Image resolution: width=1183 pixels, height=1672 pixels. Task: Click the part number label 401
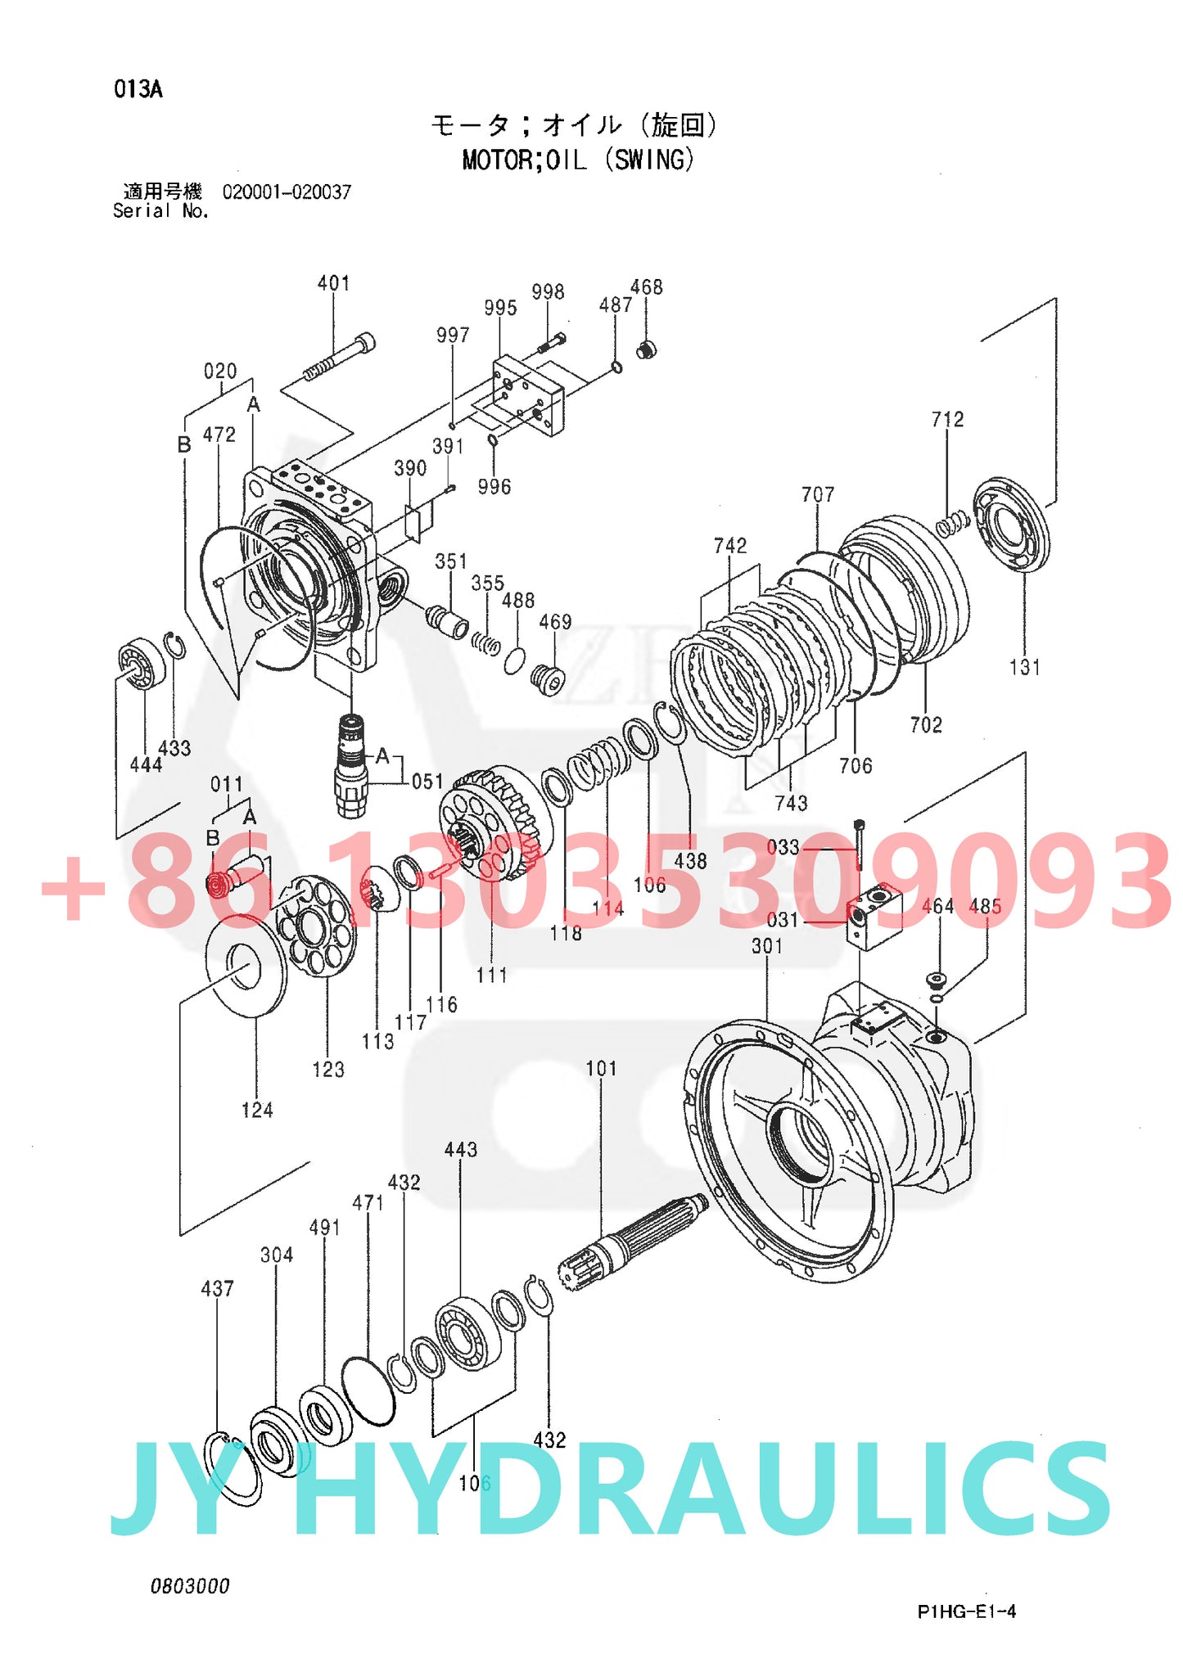333,283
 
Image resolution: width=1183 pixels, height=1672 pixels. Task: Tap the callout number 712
947,420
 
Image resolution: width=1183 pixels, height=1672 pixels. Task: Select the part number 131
1024,668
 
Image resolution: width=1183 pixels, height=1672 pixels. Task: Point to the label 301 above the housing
767,946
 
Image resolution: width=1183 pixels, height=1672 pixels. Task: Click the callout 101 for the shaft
601,1069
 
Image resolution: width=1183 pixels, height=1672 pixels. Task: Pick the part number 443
460,1150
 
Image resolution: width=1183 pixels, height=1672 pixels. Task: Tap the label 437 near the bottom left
217,1289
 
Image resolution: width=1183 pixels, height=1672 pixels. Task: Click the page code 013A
138,89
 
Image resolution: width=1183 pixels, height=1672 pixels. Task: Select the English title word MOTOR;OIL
524,160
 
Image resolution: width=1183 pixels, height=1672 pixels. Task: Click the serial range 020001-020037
287,192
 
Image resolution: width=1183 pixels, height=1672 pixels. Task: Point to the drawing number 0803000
190,1586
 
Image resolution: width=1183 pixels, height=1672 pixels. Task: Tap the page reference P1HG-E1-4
966,1611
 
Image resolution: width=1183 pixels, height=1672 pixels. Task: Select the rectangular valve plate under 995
529,394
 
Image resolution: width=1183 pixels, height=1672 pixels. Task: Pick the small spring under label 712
952,523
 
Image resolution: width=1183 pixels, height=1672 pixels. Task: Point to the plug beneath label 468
647,351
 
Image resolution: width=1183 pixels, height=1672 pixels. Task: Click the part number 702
926,725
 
